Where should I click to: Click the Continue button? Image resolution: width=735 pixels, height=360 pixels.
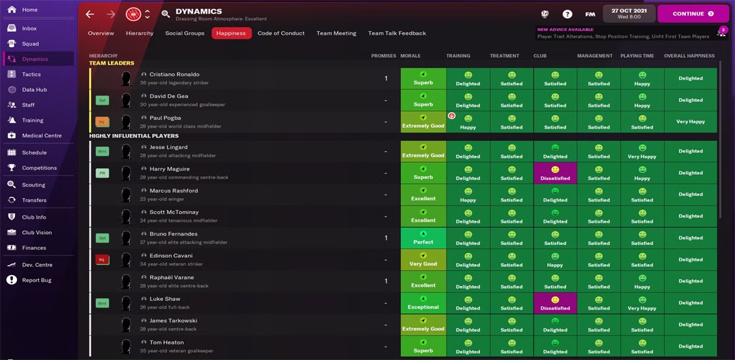pyautogui.click(x=693, y=14)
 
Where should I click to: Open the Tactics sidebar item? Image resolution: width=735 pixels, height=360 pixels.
pyautogui.click(x=31, y=74)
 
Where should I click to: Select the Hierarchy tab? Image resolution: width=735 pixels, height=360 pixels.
pyautogui.click(x=140, y=33)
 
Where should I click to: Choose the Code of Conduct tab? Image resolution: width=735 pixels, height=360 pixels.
pyautogui.click(x=281, y=33)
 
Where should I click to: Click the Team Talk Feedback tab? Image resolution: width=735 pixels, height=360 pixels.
pyautogui.click(x=397, y=33)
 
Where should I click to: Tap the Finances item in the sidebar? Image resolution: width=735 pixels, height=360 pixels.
pyautogui.click(x=33, y=248)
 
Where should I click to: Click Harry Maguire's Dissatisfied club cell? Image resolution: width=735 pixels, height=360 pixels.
pyautogui.click(x=555, y=173)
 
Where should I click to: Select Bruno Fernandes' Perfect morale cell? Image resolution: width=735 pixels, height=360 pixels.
pyautogui.click(x=423, y=238)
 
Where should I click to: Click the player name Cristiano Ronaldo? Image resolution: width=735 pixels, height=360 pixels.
pyautogui.click(x=174, y=74)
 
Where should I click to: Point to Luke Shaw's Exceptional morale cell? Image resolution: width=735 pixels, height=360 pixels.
pyautogui.click(x=423, y=303)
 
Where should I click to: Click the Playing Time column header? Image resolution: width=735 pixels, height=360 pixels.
pyautogui.click(x=638, y=56)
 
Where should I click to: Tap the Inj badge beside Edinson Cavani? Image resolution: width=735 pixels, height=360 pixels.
pyautogui.click(x=102, y=259)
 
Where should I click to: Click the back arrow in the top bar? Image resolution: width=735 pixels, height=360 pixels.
pyautogui.click(x=90, y=14)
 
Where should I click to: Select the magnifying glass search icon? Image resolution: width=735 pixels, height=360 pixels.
pyautogui.click(x=165, y=14)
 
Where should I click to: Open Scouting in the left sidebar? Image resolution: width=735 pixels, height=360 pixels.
pyautogui.click(x=33, y=184)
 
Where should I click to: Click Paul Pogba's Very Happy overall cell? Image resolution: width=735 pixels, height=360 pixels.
pyautogui.click(x=690, y=122)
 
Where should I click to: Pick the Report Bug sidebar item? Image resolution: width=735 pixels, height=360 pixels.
pyautogui.click(x=36, y=280)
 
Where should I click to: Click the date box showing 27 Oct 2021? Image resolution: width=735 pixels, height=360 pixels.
pyautogui.click(x=629, y=14)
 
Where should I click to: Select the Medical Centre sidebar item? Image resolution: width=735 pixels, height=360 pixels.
pyautogui.click(x=42, y=135)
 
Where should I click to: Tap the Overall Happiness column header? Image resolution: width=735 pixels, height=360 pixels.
pyautogui.click(x=689, y=56)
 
